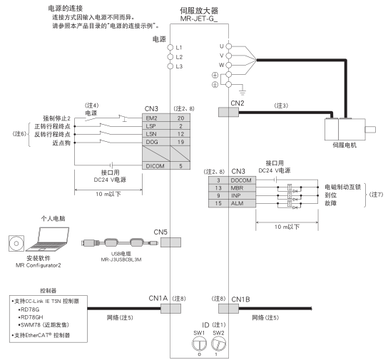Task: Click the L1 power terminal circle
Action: click(x=170, y=48)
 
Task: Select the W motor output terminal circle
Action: click(x=229, y=65)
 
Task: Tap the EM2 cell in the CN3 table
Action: click(x=156, y=118)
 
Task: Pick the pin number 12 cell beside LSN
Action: click(x=180, y=134)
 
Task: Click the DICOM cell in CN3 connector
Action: click(x=156, y=166)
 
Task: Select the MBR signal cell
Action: click(x=242, y=188)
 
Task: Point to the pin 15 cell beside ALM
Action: click(x=218, y=203)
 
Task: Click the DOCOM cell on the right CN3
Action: click(x=242, y=180)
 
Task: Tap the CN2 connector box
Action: click(x=228, y=112)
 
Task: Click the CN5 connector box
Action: click(x=170, y=242)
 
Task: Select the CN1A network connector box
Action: click(x=170, y=309)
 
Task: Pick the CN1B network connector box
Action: click(x=228, y=309)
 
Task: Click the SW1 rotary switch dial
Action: click(x=200, y=344)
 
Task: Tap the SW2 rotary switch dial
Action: click(x=218, y=344)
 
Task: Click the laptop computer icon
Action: click(x=48, y=239)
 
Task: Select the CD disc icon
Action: click(x=16, y=243)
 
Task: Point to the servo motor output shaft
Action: click(x=370, y=130)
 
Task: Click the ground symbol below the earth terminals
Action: click(x=242, y=92)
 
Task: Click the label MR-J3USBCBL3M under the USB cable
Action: click(x=121, y=259)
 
